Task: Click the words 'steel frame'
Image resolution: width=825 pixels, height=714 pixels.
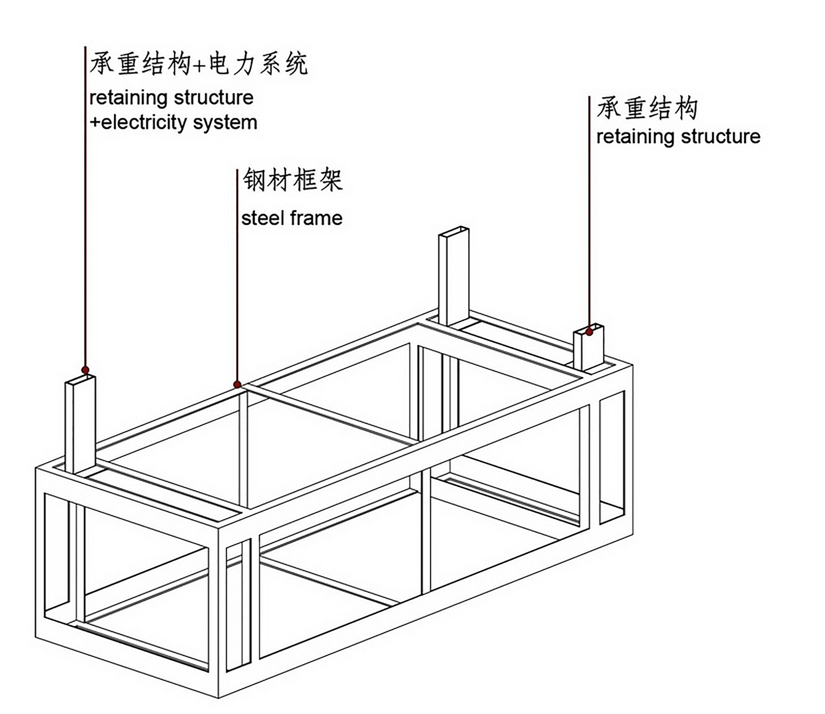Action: coord(292,218)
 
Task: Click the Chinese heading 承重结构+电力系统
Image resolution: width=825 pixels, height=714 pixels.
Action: coord(198,64)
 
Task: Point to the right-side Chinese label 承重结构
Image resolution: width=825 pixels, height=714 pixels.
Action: coord(647,109)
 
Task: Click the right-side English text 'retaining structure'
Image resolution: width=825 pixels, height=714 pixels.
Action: coord(678,137)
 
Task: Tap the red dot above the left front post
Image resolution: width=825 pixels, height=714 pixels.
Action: coord(85,370)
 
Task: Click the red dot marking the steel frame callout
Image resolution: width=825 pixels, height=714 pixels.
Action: coord(237,384)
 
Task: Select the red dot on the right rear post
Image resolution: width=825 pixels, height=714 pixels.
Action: coord(589,332)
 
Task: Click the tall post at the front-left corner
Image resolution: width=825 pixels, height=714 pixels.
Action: coord(80,425)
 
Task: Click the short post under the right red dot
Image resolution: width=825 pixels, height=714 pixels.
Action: coord(588,351)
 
